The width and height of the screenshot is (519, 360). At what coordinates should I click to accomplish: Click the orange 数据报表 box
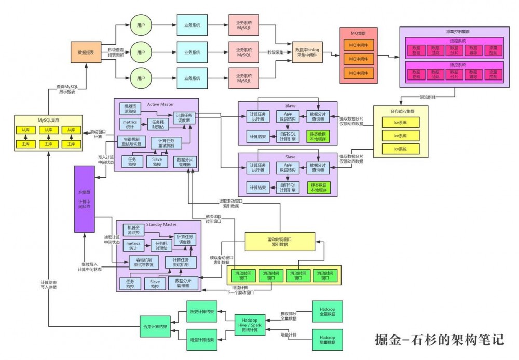(x=86, y=52)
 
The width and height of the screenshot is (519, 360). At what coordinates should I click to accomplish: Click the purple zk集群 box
(x=84, y=199)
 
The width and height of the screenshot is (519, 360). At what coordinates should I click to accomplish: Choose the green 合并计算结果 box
(x=156, y=327)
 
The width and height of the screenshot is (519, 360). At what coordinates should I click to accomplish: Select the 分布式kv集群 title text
(x=400, y=111)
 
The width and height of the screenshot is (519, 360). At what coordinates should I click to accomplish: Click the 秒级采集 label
(x=276, y=52)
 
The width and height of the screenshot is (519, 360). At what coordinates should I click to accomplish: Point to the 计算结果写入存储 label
(x=48, y=285)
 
